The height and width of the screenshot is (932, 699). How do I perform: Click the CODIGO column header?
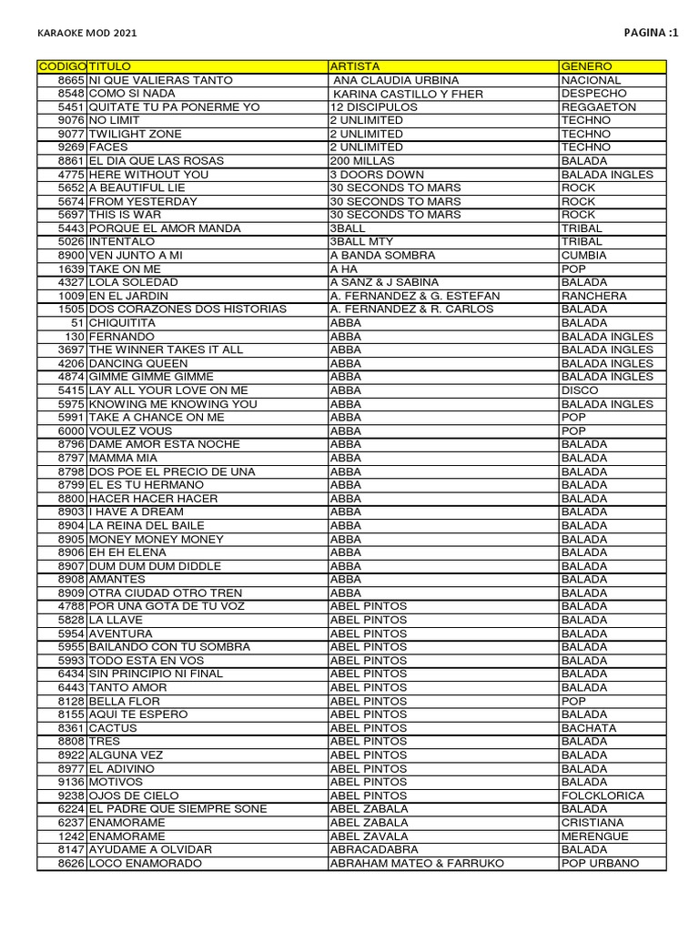(x=62, y=66)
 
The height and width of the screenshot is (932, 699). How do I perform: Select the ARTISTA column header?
(x=355, y=66)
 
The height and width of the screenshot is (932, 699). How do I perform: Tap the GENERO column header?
(x=587, y=66)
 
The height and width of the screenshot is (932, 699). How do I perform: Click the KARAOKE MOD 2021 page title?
(x=87, y=34)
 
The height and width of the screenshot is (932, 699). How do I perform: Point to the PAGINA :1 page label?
(x=651, y=33)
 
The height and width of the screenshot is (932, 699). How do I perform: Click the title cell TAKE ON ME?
(x=125, y=268)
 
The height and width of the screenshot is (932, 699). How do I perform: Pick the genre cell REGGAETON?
(x=599, y=106)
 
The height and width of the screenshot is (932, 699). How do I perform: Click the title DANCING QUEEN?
(x=138, y=363)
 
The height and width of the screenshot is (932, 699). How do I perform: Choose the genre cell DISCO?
(x=581, y=390)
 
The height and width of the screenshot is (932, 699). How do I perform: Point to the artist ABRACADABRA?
(x=374, y=849)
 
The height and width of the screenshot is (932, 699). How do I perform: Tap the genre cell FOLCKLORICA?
(x=603, y=795)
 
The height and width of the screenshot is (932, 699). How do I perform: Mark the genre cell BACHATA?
(x=589, y=728)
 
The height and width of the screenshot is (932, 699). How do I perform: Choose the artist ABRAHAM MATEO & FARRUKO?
(x=417, y=863)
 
